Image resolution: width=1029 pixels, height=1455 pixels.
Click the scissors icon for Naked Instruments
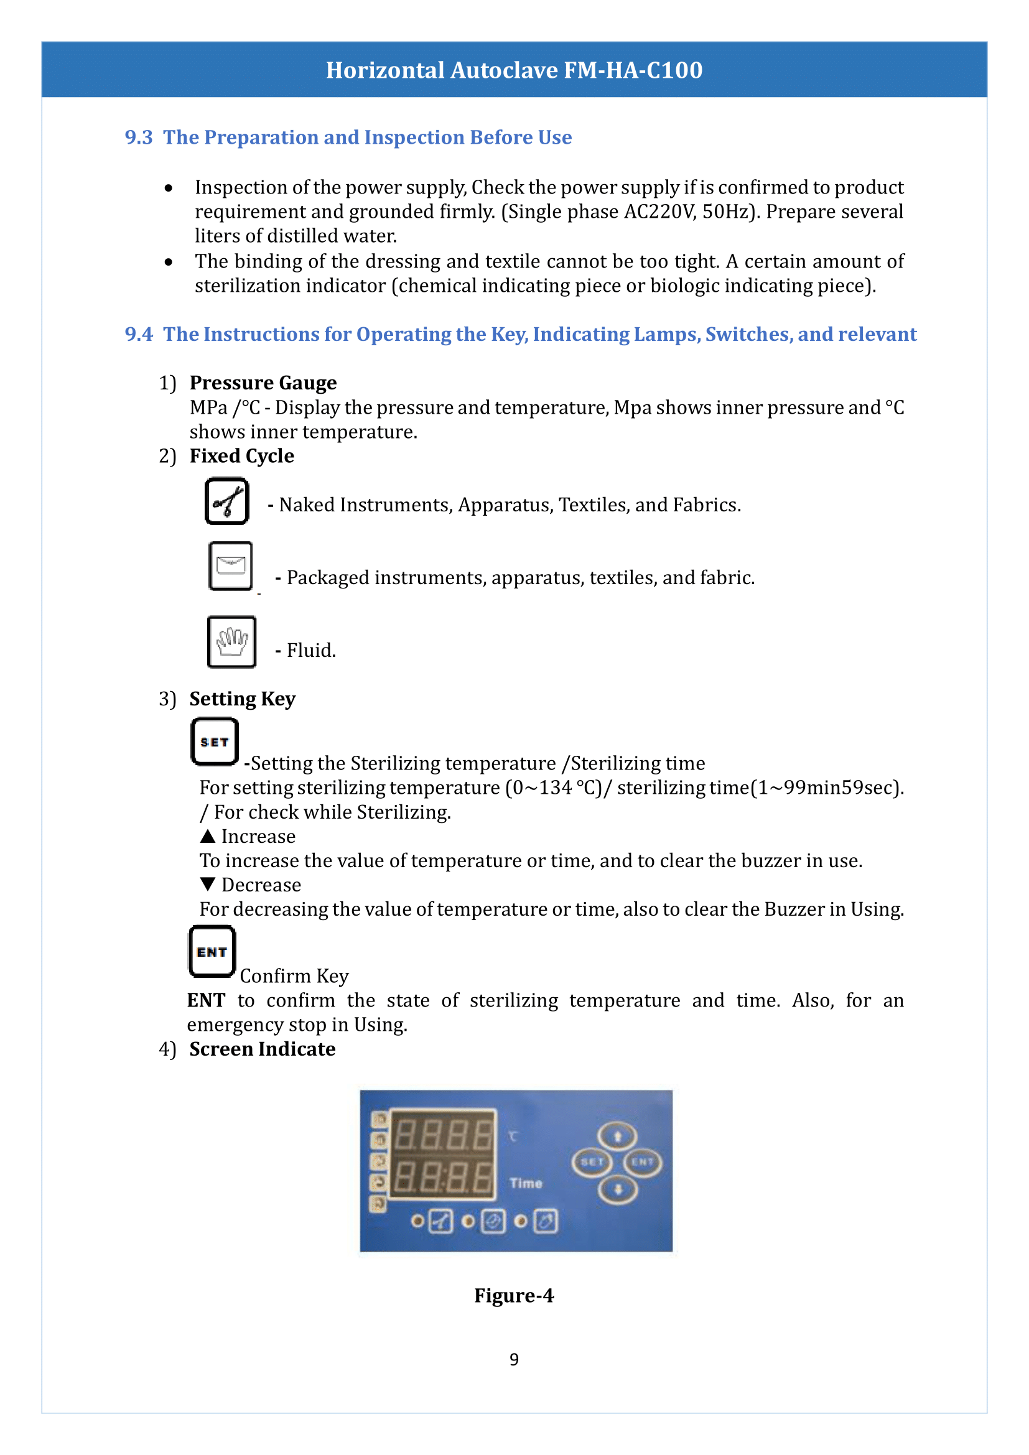pyautogui.click(x=227, y=501)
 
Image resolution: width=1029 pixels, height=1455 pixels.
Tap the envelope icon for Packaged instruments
pyautogui.click(x=231, y=566)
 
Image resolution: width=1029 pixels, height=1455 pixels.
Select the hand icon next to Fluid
pyautogui.click(x=232, y=642)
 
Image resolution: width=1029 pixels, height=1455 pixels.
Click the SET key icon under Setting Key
pyautogui.click(x=215, y=741)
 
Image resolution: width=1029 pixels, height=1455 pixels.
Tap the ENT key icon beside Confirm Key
pyautogui.click(x=212, y=951)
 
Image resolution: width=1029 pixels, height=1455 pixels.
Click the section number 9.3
pyautogui.click(x=138, y=137)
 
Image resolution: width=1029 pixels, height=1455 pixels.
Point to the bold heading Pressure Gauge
pyautogui.click(x=263, y=383)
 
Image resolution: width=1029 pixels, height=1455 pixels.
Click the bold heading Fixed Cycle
pyautogui.click(x=241, y=456)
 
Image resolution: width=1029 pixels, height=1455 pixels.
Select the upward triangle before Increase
pyautogui.click(x=207, y=837)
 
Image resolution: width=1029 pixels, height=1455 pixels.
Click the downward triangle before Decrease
pyautogui.click(x=207, y=884)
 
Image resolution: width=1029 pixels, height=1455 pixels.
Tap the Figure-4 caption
pyautogui.click(x=514, y=1295)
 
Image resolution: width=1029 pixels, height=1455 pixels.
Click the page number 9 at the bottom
pyautogui.click(x=514, y=1359)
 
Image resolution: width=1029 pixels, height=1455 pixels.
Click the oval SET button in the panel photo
pyautogui.click(x=591, y=1161)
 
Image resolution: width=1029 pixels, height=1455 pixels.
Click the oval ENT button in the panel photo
pyautogui.click(x=642, y=1161)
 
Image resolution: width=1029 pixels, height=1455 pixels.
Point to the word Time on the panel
pyautogui.click(x=525, y=1183)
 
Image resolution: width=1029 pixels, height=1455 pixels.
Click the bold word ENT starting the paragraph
pyautogui.click(x=206, y=1001)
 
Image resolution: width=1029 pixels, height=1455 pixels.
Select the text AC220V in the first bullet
pyautogui.click(x=659, y=212)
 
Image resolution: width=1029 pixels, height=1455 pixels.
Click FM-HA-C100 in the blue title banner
pyautogui.click(x=633, y=70)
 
